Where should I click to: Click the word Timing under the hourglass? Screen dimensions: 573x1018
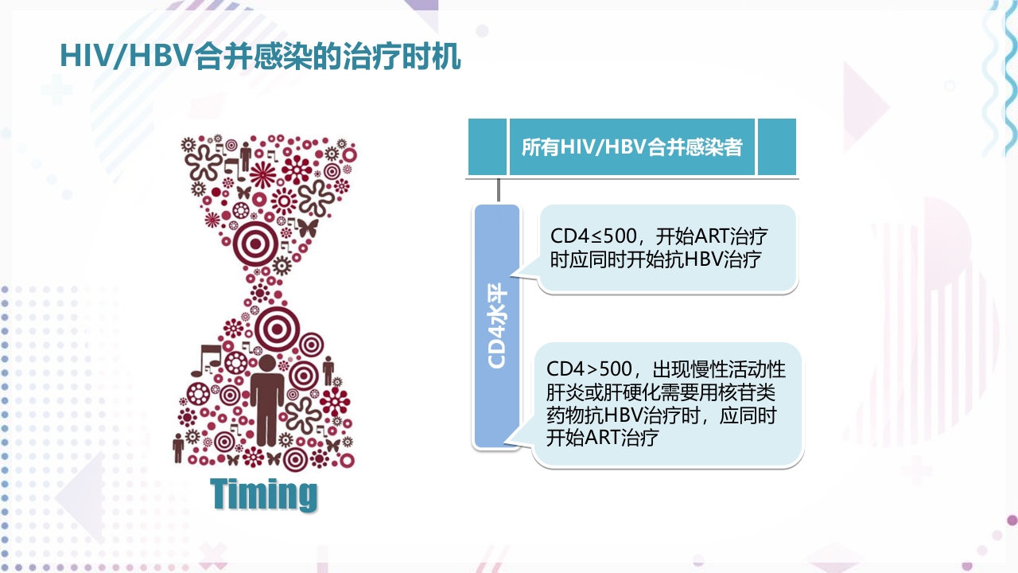(x=264, y=494)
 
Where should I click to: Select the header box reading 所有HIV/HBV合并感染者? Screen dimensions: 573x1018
(x=631, y=147)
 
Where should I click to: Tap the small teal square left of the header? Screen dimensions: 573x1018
(x=487, y=147)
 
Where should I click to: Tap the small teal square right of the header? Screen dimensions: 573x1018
(x=776, y=147)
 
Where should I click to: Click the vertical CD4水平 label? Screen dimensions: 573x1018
(x=497, y=326)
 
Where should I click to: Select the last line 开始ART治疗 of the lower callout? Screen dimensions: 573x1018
(x=602, y=437)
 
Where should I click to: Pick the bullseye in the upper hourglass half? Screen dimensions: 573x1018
(x=258, y=240)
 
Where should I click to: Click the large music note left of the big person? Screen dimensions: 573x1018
(x=211, y=358)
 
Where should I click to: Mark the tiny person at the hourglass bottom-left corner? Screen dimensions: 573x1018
(x=178, y=447)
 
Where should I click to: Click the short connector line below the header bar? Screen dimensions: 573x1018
(x=499, y=190)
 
